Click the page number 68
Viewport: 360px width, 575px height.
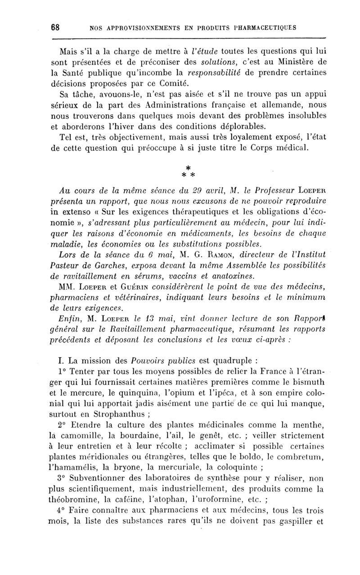pos(56,27)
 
